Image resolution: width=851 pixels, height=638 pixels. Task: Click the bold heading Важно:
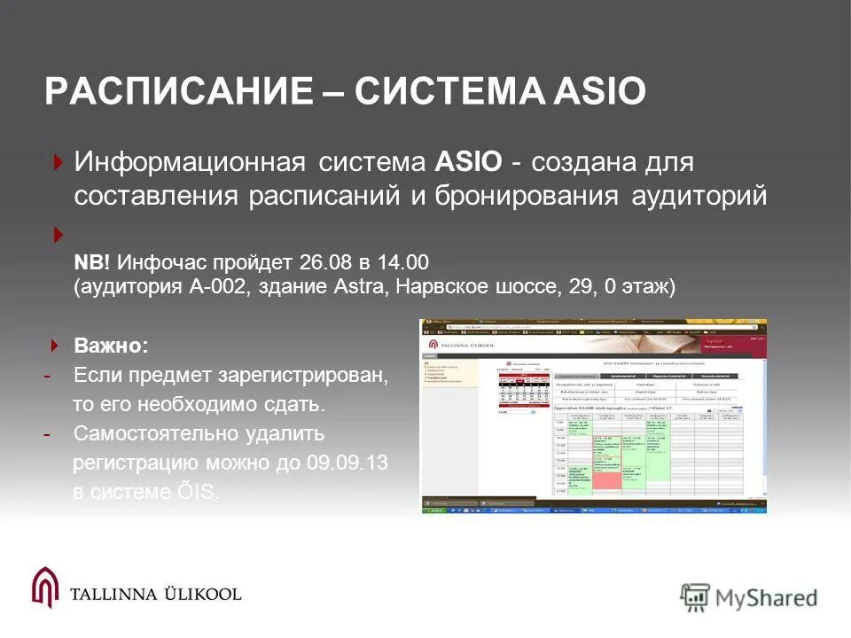coord(112,344)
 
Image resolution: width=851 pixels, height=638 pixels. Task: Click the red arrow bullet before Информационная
coord(58,162)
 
